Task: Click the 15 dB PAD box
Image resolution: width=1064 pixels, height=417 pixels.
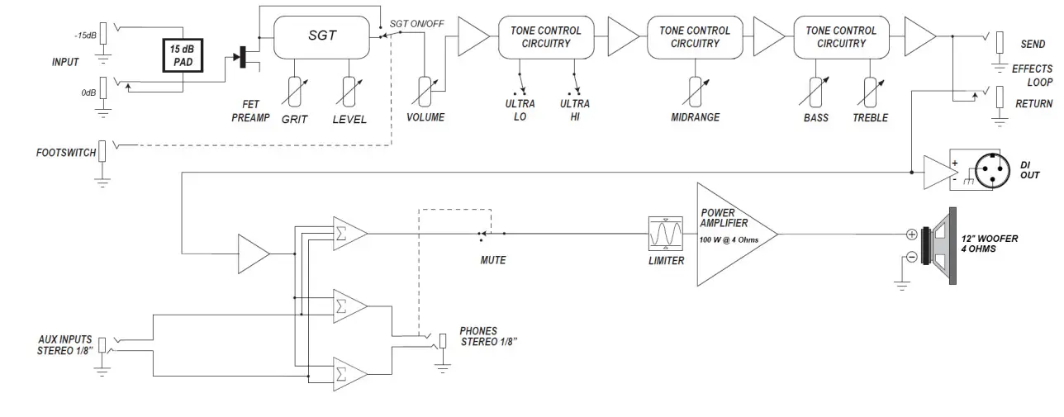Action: pyautogui.click(x=183, y=55)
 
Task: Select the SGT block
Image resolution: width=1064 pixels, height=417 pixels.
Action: pyautogui.click(x=321, y=37)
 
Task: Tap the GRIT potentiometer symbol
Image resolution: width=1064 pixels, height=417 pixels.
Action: pyautogui.click(x=294, y=92)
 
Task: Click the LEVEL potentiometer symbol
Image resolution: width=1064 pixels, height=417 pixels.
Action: pyautogui.click(x=349, y=92)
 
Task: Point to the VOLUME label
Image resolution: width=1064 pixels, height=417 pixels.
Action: pyautogui.click(x=425, y=117)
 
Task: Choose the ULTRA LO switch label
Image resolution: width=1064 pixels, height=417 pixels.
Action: pyautogui.click(x=520, y=110)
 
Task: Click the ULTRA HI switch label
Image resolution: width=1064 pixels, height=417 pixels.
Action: pyautogui.click(x=575, y=110)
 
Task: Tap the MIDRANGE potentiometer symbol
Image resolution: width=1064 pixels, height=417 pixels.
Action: pyautogui.click(x=696, y=92)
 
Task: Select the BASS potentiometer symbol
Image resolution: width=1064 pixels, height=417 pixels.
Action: pyautogui.click(x=815, y=92)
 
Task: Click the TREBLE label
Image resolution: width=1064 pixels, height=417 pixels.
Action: pyautogui.click(x=870, y=118)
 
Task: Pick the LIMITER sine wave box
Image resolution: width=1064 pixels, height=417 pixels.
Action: pyautogui.click(x=666, y=234)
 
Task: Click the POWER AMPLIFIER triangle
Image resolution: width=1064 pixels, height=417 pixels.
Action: pyautogui.click(x=737, y=235)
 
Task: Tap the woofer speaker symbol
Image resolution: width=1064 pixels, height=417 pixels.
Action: pyautogui.click(x=938, y=245)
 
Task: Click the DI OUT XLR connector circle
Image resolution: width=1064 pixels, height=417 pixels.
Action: pyautogui.click(x=992, y=170)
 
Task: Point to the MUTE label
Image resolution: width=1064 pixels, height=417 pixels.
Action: pyautogui.click(x=493, y=260)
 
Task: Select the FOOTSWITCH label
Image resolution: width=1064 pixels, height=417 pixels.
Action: pyautogui.click(x=66, y=153)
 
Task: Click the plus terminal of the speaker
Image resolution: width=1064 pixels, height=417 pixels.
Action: pyautogui.click(x=911, y=235)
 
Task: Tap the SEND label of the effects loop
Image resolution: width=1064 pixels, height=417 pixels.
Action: pyautogui.click(x=1033, y=44)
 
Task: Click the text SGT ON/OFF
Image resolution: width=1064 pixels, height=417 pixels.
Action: pyautogui.click(x=416, y=24)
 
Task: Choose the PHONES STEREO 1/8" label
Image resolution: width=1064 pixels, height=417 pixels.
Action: pyautogui.click(x=488, y=336)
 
